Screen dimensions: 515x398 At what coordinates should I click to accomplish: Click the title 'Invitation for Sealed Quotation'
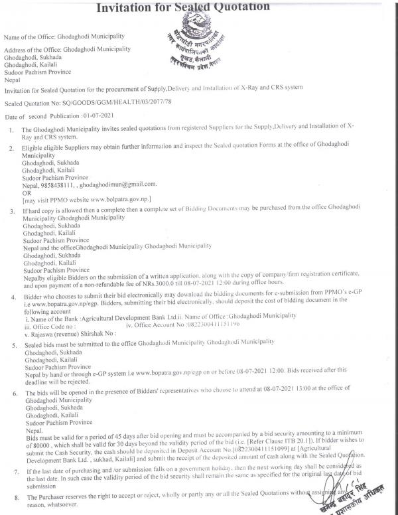tap(184, 7)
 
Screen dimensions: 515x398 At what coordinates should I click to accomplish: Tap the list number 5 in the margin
tap(13, 346)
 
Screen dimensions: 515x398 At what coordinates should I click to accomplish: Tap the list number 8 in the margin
tap(13, 496)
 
